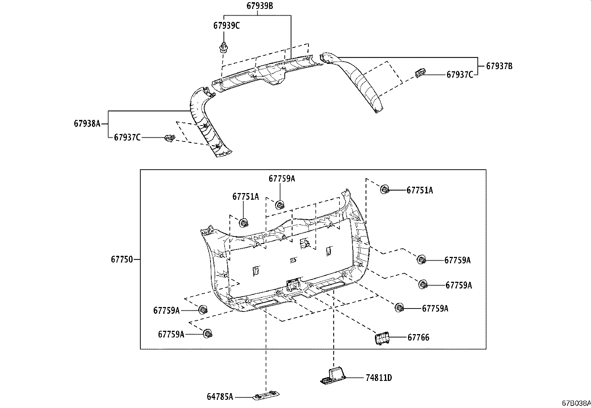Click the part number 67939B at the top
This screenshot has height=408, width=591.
click(260, 6)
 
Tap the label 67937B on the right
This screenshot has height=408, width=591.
click(499, 66)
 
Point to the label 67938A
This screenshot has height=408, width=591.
click(87, 124)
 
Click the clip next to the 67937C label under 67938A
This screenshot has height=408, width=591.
click(169, 138)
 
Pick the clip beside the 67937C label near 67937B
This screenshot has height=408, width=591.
click(420, 73)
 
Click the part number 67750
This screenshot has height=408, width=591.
click(121, 260)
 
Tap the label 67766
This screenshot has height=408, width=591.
click(418, 337)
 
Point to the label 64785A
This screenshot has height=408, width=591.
click(220, 397)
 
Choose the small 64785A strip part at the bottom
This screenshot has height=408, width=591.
click(266, 396)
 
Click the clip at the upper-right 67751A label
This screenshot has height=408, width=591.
click(384, 190)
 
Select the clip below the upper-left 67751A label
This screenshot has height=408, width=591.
click(244, 223)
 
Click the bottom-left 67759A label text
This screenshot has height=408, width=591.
click(171, 334)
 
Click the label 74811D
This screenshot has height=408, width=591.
click(379, 378)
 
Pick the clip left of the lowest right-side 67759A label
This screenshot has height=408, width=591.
click(399, 307)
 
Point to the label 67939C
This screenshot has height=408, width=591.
click(226, 26)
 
